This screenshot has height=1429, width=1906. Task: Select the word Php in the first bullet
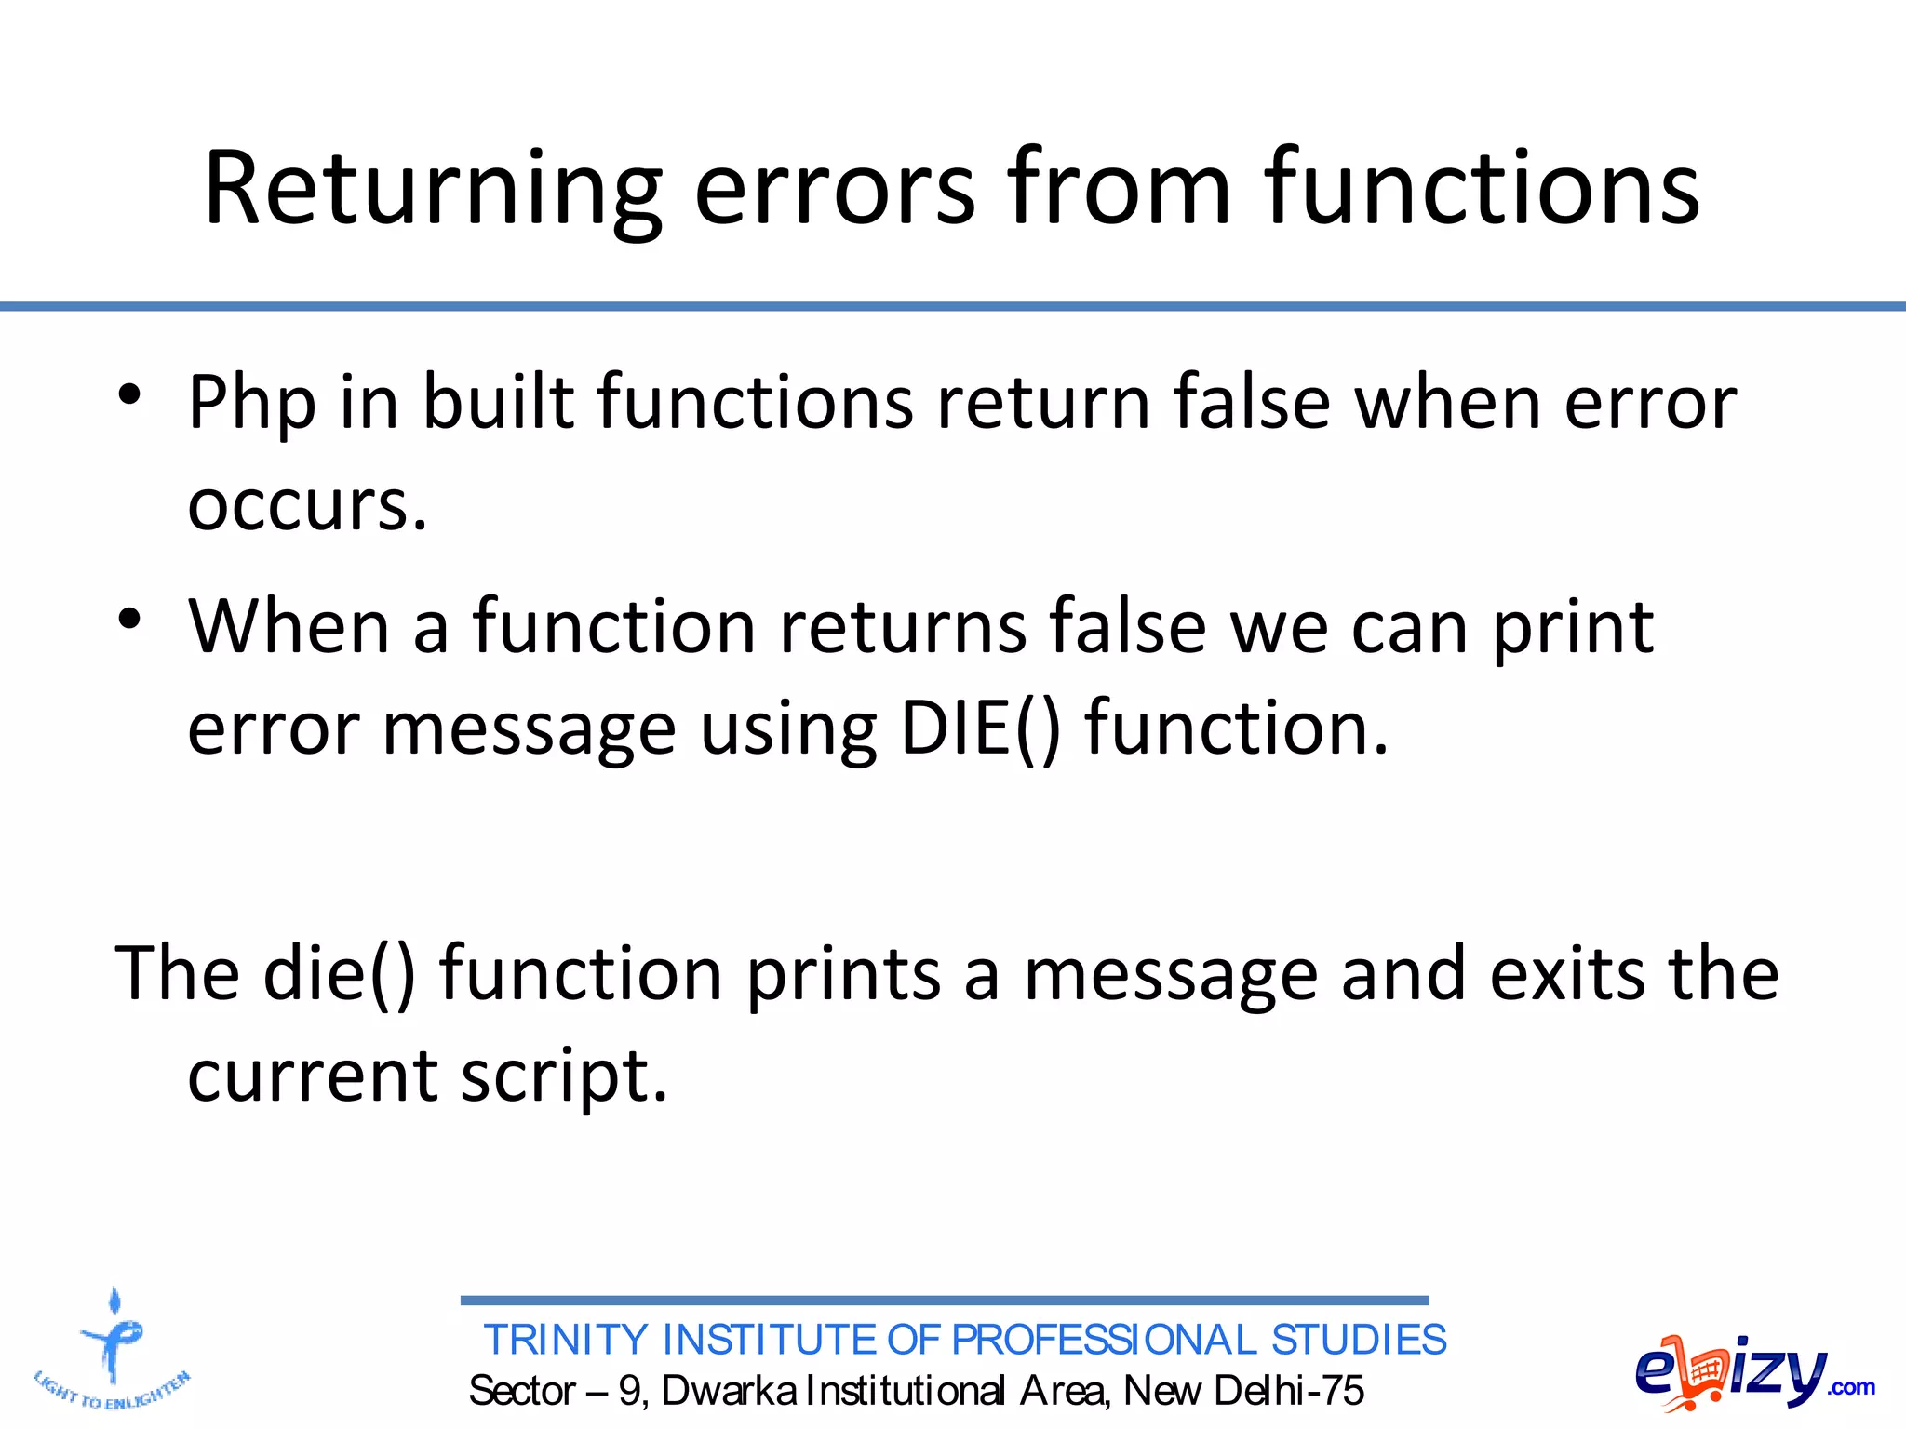(251, 404)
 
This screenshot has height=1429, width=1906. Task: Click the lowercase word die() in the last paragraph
(339, 974)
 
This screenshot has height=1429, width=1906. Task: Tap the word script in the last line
(564, 1076)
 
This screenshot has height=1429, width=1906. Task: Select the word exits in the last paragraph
(1567, 974)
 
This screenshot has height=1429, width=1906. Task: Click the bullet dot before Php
(129, 394)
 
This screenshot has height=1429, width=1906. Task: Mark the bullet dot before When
(129, 619)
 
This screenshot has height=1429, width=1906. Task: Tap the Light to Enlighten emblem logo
(113, 1349)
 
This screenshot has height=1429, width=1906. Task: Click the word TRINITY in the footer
(566, 1341)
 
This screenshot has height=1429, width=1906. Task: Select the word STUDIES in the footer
(1358, 1341)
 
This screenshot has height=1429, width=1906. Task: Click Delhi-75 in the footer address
(1289, 1391)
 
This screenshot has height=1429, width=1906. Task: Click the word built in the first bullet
(498, 404)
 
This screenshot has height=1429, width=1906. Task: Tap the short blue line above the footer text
(945, 1301)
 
